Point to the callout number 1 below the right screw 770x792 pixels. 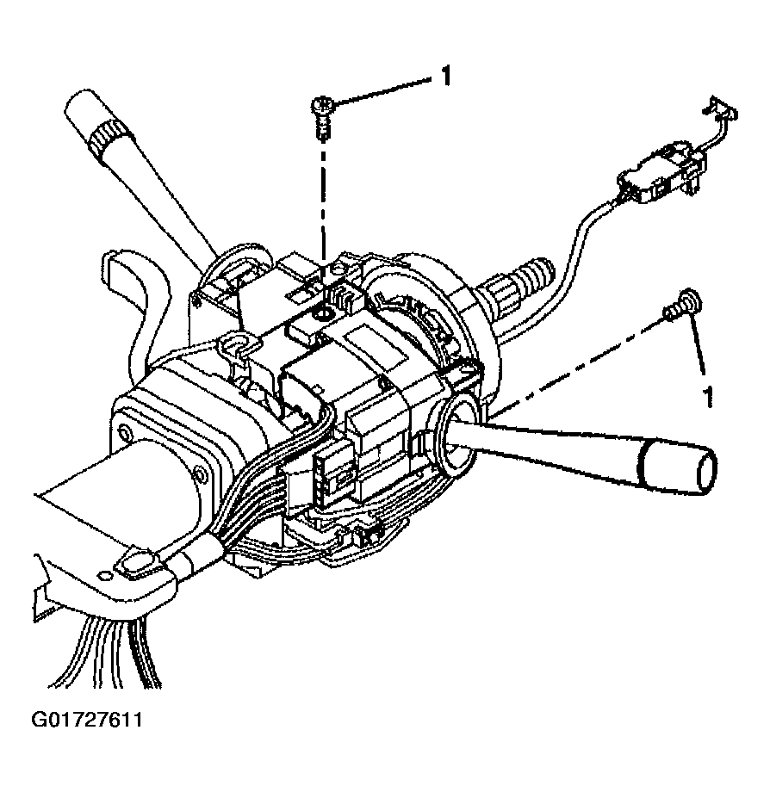[708, 397]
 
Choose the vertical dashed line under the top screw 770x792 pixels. [323, 207]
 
